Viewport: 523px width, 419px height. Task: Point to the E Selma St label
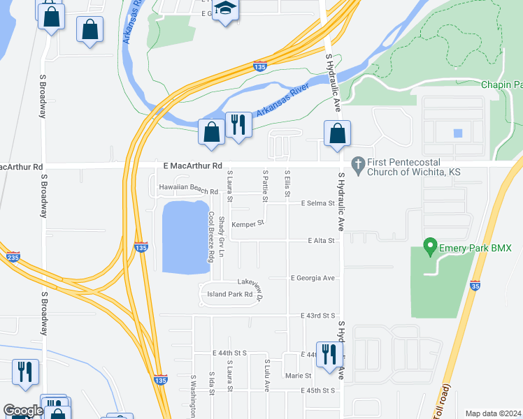pos(318,203)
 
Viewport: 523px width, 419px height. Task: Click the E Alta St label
pos(322,240)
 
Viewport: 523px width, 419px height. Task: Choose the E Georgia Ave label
pos(314,278)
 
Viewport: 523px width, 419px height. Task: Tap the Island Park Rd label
pos(229,294)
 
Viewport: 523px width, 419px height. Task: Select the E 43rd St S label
pos(319,316)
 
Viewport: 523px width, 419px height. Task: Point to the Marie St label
pos(293,376)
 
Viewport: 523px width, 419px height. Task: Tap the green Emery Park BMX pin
pos(429,247)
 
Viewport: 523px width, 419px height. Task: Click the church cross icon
pos(358,164)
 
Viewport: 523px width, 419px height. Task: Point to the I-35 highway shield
pos(475,285)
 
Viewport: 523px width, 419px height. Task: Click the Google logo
pos(23,411)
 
